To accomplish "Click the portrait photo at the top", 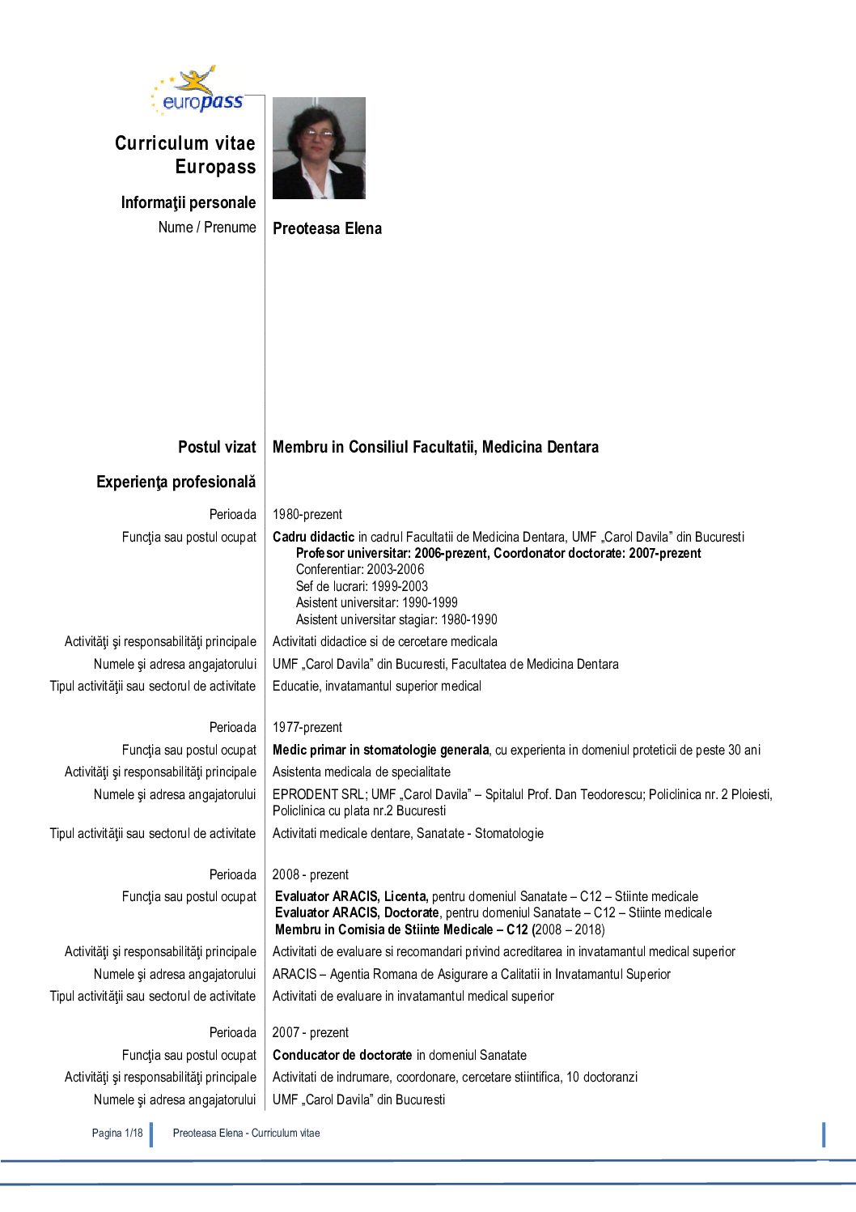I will pyautogui.click(x=319, y=148).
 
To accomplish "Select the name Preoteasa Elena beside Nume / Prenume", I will pyautogui.click(x=327, y=228).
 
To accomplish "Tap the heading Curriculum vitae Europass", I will pyautogui.click(x=185, y=155).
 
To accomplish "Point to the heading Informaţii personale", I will pyautogui.click(x=188, y=202).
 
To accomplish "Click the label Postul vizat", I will pyautogui.click(x=217, y=447).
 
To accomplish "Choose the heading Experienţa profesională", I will pyautogui.click(x=176, y=482).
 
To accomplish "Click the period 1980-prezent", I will pyautogui.click(x=307, y=514).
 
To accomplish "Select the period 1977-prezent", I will pyautogui.click(x=307, y=727).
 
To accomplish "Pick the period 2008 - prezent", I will pyautogui.click(x=311, y=874).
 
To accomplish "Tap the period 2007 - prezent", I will pyautogui.click(x=311, y=1032).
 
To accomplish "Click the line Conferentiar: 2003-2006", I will pyautogui.click(x=360, y=569).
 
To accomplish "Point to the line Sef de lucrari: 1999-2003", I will pyautogui.click(x=362, y=586).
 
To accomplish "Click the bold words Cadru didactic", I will pyautogui.click(x=313, y=537).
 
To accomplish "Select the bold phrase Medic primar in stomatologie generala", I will pyautogui.click(x=380, y=750).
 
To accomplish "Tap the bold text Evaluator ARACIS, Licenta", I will pyautogui.click(x=351, y=896).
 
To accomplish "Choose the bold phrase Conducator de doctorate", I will pyautogui.click(x=342, y=1055).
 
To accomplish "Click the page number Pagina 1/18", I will pyautogui.click(x=117, y=1133).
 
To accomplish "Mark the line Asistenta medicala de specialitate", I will pyautogui.click(x=362, y=772).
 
